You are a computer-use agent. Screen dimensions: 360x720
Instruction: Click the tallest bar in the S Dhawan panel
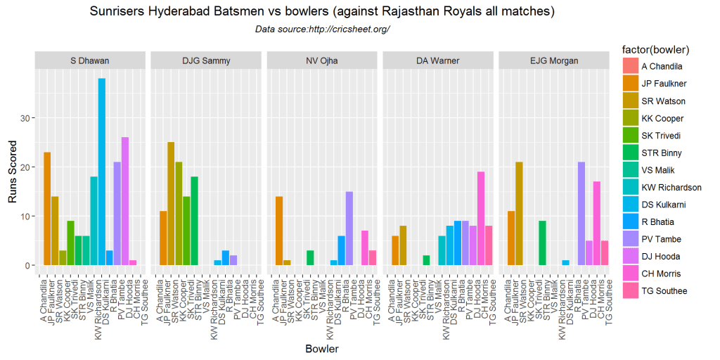(102, 172)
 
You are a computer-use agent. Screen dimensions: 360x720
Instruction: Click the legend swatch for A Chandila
(630, 67)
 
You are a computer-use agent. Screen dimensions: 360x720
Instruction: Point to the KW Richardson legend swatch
(630, 187)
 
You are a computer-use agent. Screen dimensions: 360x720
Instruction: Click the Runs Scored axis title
(12, 167)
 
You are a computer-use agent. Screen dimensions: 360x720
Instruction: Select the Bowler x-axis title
(322, 349)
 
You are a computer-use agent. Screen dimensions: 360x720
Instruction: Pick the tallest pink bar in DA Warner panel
(481, 219)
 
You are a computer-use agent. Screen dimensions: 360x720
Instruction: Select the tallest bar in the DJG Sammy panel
(171, 204)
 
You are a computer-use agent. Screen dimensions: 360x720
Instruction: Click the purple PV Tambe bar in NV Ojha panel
(349, 229)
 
